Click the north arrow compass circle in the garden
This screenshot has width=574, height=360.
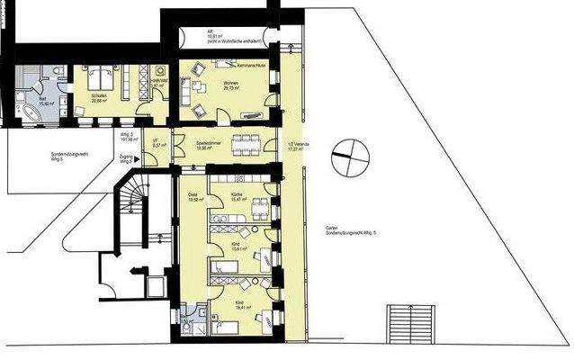(x=349, y=161)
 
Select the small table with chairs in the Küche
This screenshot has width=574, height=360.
(x=257, y=204)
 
